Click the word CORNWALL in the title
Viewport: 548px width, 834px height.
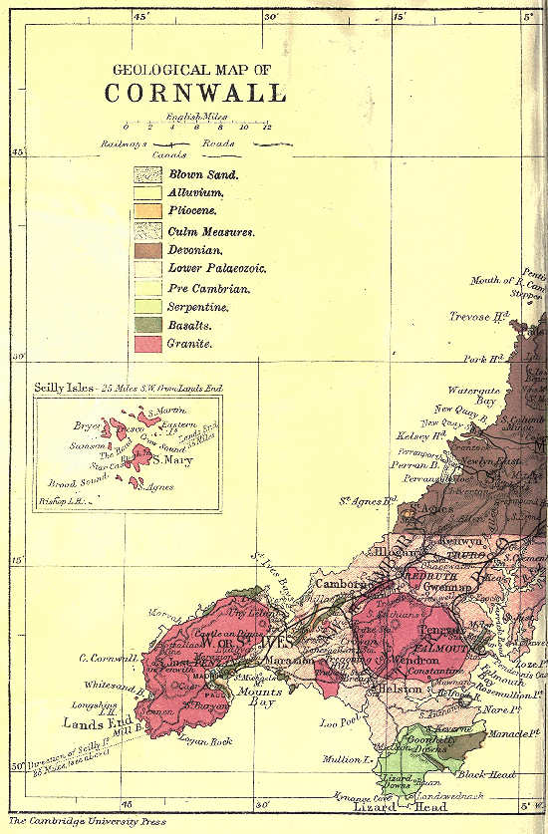tap(194, 93)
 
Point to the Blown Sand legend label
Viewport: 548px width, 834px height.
tap(203, 174)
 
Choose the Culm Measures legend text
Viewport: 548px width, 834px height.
tap(211, 231)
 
